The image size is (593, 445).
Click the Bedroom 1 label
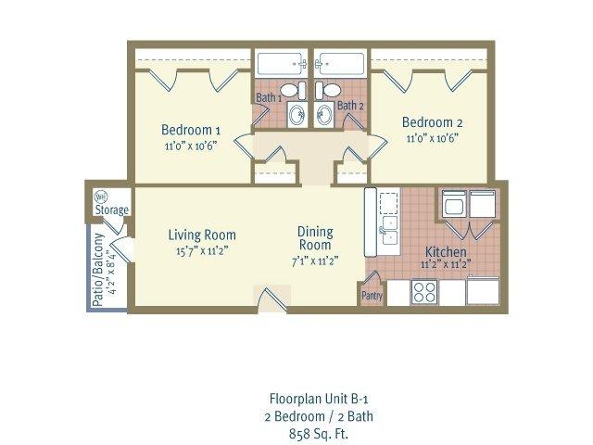coord(190,129)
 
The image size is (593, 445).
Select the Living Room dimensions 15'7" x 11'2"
coord(201,251)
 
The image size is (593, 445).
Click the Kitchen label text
coord(445,252)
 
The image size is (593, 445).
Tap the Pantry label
coord(371,296)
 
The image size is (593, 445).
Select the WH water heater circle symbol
coord(101,197)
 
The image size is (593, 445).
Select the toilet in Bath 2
coord(327,91)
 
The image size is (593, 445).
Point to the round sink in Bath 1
coord(296,115)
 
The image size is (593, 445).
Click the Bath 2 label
coord(349,106)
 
